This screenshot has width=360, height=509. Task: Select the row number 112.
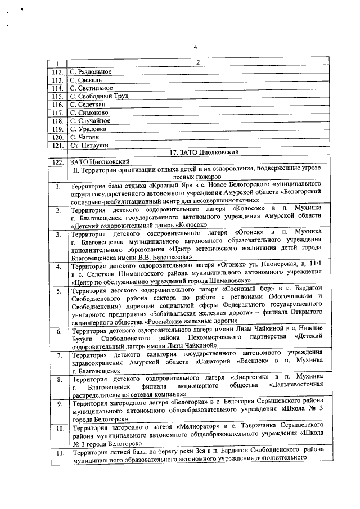pyautogui.click(x=56, y=71)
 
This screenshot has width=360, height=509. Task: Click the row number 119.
pyautogui.click(x=56, y=129)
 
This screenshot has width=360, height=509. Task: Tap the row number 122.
pyautogui.click(x=56, y=162)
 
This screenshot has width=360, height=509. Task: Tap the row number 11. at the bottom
pyautogui.click(x=58, y=452)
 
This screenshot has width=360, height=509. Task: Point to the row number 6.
pyautogui.click(x=58, y=331)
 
